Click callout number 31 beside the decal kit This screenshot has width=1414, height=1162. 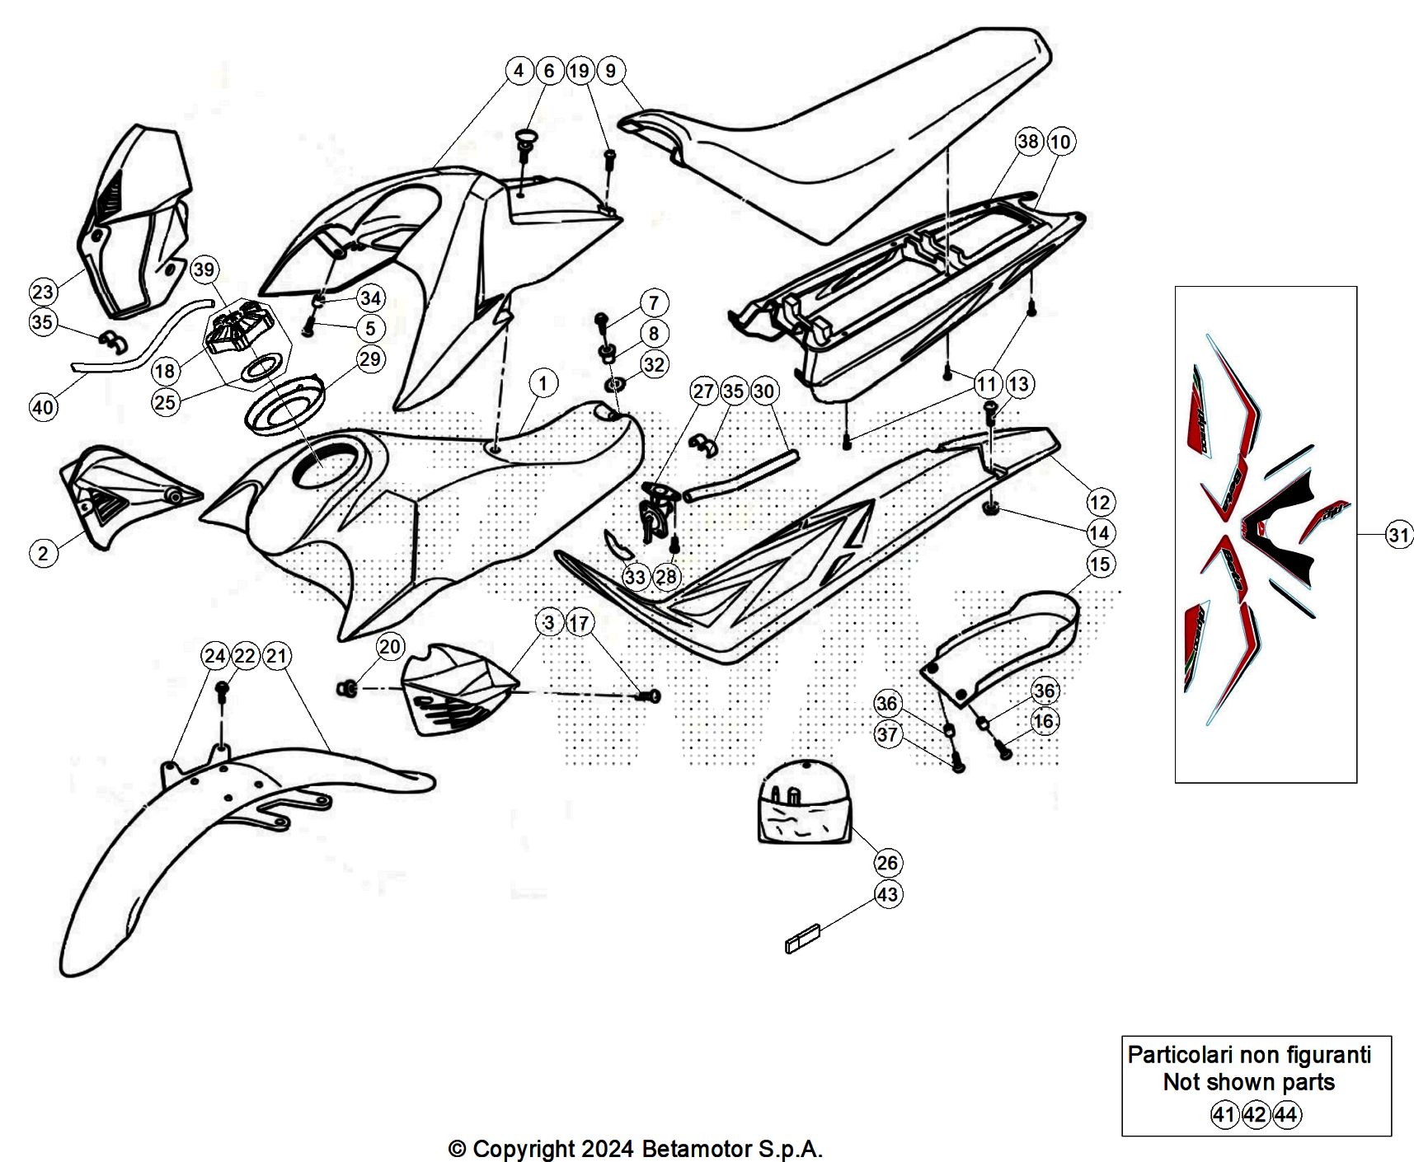1398,535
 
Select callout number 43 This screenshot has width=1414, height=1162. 887,894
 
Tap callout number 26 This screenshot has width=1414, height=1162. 887,863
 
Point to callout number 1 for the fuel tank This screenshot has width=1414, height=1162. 543,382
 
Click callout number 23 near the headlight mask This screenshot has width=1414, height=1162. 43,291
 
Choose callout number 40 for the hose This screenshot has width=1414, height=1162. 43,406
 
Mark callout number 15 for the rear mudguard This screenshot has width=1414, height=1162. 1100,564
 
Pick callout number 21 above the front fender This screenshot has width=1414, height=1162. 276,656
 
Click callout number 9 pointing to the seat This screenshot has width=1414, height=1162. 610,70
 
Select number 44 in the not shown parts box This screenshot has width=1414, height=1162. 1286,1115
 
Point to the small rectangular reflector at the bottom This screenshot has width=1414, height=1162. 803,939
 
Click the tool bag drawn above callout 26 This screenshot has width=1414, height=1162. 805,803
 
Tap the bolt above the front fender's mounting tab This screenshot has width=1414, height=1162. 221,692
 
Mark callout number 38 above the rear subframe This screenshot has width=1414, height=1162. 1028,141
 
